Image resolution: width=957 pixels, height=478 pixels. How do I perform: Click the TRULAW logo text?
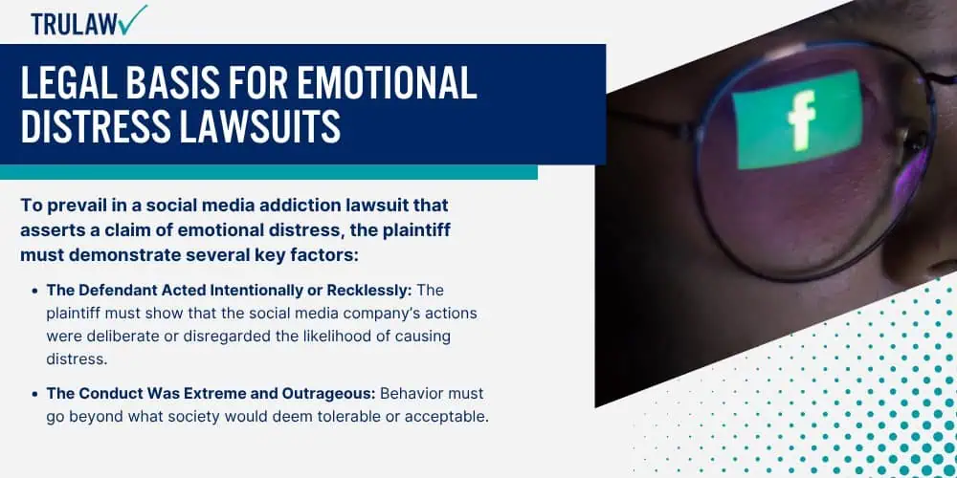[75, 24]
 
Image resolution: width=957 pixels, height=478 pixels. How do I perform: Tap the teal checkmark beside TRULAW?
[134, 19]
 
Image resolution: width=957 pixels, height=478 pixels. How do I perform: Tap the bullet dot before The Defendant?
[35, 291]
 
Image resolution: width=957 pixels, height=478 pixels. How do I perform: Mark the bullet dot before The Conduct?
[35, 394]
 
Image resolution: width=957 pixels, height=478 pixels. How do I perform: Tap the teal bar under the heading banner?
[269, 172]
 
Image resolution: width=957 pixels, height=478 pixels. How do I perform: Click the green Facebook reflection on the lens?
[798, 120]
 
